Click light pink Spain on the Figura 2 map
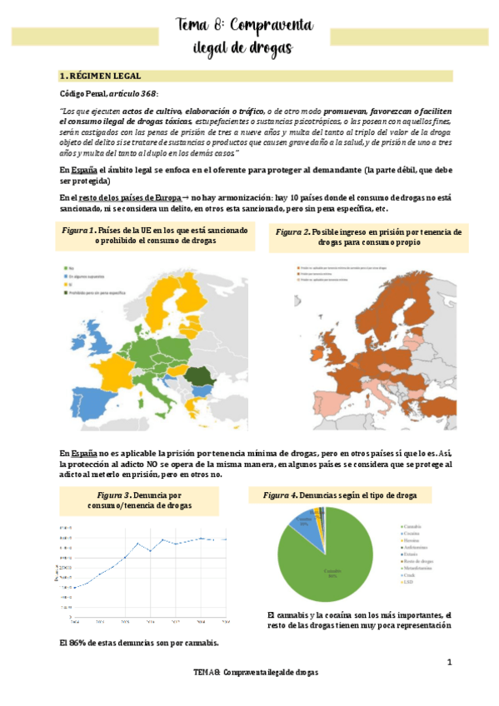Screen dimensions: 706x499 tap(312, 398)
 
